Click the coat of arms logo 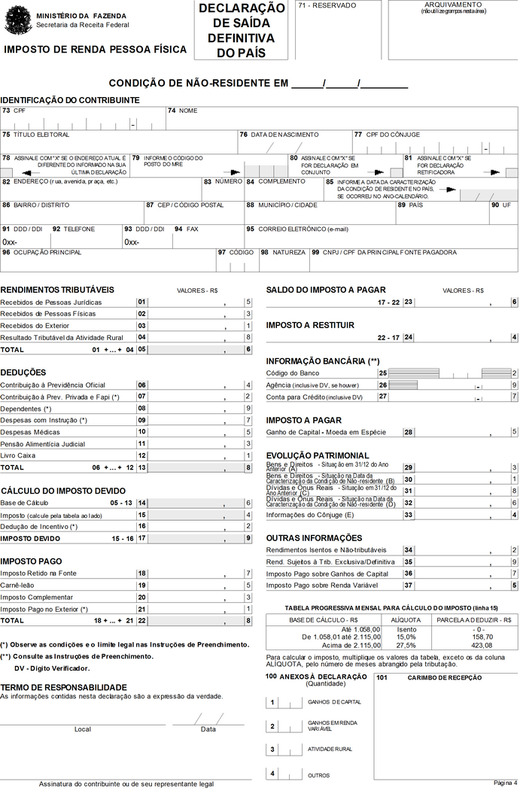pyautogui.click(x=18, y=20)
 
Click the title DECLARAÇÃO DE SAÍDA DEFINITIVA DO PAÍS pyautogui.click(x=241, y=30)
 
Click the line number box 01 pyautogui.click(x=141, y=302)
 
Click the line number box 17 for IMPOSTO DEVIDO pyautogui.click(x=141, y=539)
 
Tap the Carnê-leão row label pyautogui.click(x=20, y=586)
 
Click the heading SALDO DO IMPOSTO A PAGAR pyautogui.click(x=326, y=290)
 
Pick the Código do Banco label pyautogui.click(x=293, y=373)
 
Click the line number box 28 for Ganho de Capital pyautogui.click(x=407, y=432)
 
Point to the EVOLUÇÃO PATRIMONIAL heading pyautogui.click(x=318, y=455)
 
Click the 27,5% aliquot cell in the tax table pyautogui.click(x=406, y=644)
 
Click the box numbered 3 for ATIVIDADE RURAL pyautogui.click(x=272, y=750)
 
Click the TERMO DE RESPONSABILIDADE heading pyautogui.click(x=63, y=687)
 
